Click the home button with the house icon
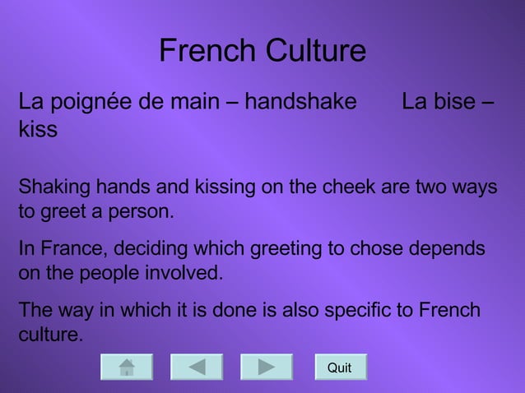[127, 367]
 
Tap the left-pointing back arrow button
[197, 367]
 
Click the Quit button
[340, 367]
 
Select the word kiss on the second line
[38, 130]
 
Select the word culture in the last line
[50, 335]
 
